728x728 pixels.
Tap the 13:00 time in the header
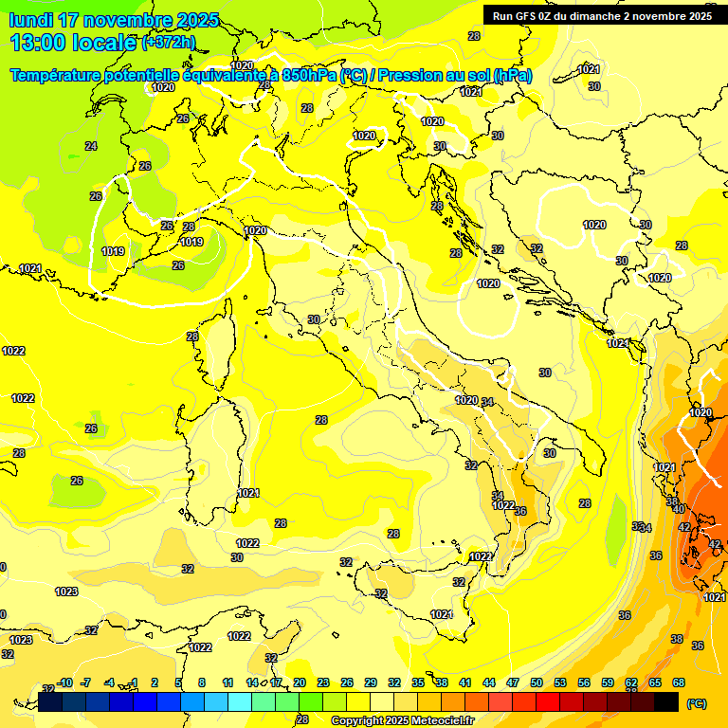click(x=38, y=43)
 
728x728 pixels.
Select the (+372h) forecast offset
click(x=168, y=43)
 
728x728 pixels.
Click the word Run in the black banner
click(x=504, y=15)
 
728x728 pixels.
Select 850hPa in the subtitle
click(x=307, y=75)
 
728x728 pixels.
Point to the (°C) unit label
click(x=696, y=703)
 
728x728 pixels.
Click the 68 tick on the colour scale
click(x=679, y=682)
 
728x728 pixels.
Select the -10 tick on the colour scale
click(x=64, y=682)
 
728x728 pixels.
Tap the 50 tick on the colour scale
click(x=537, y=682)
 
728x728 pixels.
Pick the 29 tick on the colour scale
click(x=371, y=682)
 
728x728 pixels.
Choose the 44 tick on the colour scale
click(x=489, y=682)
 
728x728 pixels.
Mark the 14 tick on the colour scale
click(x=252, y=682)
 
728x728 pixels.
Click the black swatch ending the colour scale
click(x=666, y=702)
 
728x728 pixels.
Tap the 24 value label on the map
click(x=91, y=146)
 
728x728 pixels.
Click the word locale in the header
click(x=103, y=43)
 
